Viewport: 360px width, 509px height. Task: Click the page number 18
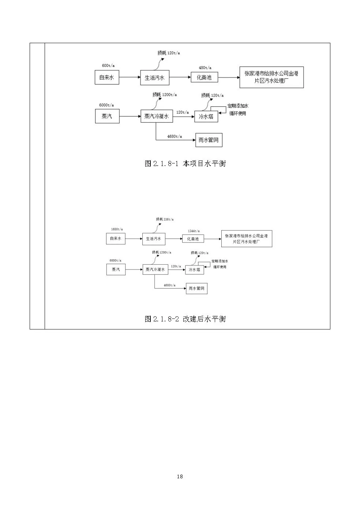tap(180, 476)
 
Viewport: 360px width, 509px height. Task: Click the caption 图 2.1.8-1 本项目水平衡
tap(185, 163)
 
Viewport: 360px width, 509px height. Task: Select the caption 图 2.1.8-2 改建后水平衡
tap(185, 319)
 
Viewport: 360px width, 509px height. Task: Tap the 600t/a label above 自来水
tap(108, 66)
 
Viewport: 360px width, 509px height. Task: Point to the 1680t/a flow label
tap(117, 229)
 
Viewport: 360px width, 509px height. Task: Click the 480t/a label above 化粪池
tap(205, 68)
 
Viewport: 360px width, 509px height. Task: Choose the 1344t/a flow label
tap(194, 231)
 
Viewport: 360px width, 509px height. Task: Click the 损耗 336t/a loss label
tap(165, 219)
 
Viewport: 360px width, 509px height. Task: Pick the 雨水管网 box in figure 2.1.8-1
tap(209, 140)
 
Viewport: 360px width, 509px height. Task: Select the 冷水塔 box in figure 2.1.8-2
tap(194, 270)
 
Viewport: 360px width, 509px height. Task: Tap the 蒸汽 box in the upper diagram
tap(107, 116)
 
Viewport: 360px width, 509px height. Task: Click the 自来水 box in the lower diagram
tap(116, 238)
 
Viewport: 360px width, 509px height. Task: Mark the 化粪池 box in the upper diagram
tap(204, 77)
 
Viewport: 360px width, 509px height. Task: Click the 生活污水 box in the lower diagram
tap(154, 239)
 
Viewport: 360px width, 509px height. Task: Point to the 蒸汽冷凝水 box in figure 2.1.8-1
tap(157, 116)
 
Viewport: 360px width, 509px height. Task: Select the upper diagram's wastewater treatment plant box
tap(271, 77)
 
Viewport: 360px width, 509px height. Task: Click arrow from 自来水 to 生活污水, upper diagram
tap(130, 77)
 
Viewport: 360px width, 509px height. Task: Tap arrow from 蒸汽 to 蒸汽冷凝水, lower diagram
tap(134, 269)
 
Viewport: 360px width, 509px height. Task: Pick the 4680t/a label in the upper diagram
tap(175, 136)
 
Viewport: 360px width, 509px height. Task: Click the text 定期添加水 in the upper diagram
tap(238, 106)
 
